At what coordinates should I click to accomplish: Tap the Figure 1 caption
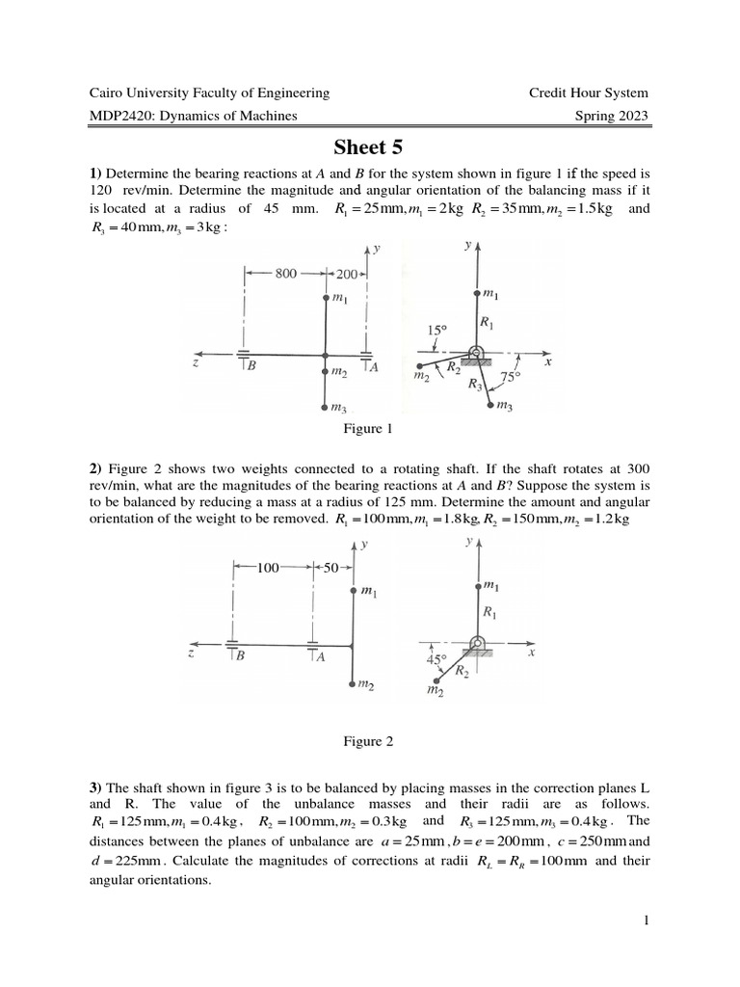(x=370, y=429)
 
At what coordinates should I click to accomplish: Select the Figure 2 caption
(x=370, y=741)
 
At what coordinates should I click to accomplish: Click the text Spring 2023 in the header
(x=610, y=117)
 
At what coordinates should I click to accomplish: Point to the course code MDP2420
(x=121, y=117)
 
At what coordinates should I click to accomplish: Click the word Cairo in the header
(x=108, y=93)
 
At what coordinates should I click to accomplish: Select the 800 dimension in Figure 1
(x=285, y=274)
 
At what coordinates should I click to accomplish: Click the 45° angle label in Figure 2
(x=436, y=660)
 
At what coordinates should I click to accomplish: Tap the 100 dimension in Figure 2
(x=267, y=569)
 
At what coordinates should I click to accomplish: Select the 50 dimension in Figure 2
(x=331, y=569)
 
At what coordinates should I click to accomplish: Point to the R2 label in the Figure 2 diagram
(x=463, y=669)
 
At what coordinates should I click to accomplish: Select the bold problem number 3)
(x=95, y=792)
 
